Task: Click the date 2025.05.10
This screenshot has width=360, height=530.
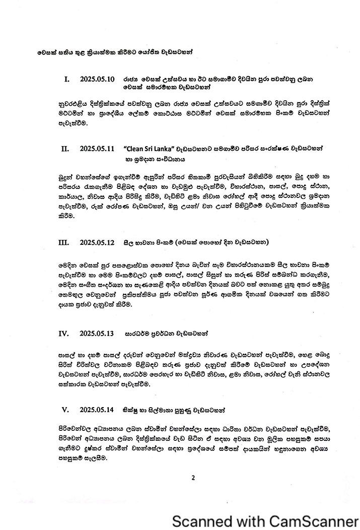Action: [x=98, y=79]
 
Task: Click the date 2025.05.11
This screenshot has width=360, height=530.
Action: [x=98, y=149]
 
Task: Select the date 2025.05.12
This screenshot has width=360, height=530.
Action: [x=98, y=242]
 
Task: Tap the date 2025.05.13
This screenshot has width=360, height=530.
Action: [x=98, y=334]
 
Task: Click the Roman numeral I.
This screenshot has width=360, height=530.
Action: [x=67, y=79]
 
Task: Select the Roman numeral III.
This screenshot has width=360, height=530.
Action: [x=63, y=242]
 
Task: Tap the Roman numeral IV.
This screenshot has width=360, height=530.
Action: [x=64, y=334]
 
